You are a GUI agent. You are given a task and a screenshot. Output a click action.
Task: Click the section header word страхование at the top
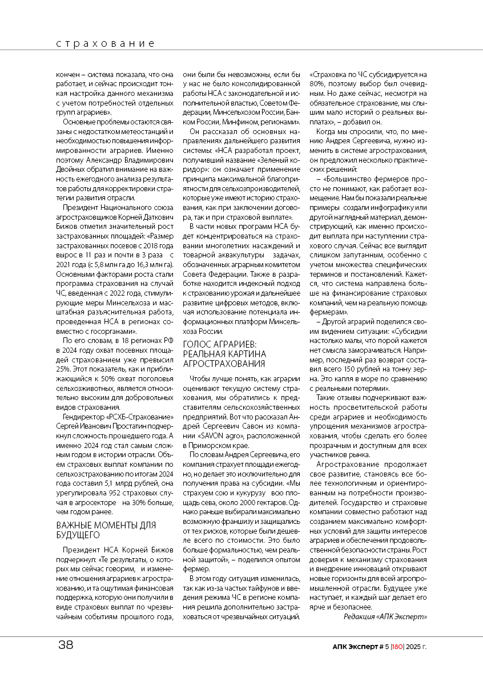[x=106, y=43]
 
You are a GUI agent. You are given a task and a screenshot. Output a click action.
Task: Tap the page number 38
[x=66, y=645]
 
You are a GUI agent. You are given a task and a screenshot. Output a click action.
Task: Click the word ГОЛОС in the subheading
[x=197, y=344]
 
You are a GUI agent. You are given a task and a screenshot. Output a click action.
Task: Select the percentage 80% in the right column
[x=319, y=83]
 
